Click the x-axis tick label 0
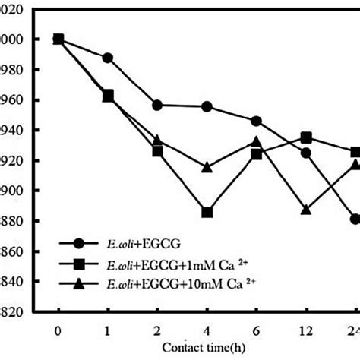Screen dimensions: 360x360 pyautogui.click(x=58, y=331)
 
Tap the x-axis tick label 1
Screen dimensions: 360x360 pyautogui.click(x=107, y=331)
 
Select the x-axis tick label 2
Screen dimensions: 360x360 pyautogui.click(x=157, y=331)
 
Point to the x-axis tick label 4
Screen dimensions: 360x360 pyautogui.click(x=207, y=331)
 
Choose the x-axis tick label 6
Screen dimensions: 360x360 pyautogui.click(x=256, y=331)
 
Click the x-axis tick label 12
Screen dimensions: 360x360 pyautogui.click(x=305, y=331)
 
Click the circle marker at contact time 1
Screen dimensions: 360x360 pyautogui.click(x=107, y=58)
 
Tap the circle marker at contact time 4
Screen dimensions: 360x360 pyautogui.click(x=207, y=106)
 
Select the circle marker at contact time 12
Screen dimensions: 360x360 pyautogui.click(x=305, y=153)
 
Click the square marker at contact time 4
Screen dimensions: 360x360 pyautogui.click(x=207, y=213)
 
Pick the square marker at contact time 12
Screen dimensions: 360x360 pyautogui.click(x=305, y=137)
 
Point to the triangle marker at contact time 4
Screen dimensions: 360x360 pyautogui.click(x=207, y=166)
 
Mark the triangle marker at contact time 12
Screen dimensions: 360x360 pyautogui.click(x=305, y=209)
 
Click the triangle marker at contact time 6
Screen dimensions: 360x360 pyautogui.click(x=256, y=141)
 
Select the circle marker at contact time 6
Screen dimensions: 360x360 pyautogui.click(x=256, y=121)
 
